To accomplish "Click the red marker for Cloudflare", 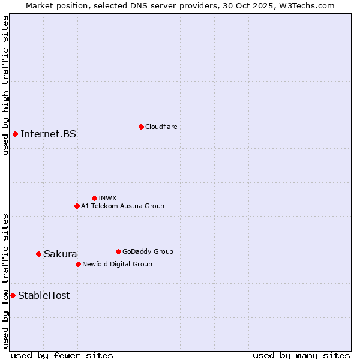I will coord(141,127).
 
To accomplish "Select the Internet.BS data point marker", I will coord(15,134).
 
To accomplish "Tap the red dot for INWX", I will coord(94,198).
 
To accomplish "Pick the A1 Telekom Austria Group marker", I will coord(77,206).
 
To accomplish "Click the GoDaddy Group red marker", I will coord(118,251).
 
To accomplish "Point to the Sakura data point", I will coord(38,254).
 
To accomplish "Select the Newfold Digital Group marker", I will coord(78,264).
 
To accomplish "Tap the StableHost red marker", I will coord(13,295).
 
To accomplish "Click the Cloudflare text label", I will coord(161,127).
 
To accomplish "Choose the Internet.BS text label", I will coord(48,134).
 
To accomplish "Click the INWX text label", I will coord(107,198).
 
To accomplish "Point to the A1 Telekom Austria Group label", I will coord(122,206).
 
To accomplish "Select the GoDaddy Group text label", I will coord(148,251).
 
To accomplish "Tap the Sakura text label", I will coord(60,254).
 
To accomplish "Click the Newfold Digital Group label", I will coord(117,264).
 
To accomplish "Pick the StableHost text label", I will coord(44,295).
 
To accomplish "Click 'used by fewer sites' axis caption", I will coord(62,355).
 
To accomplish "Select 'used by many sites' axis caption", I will coord(301,355).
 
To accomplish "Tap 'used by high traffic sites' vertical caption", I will coord(5,85).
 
